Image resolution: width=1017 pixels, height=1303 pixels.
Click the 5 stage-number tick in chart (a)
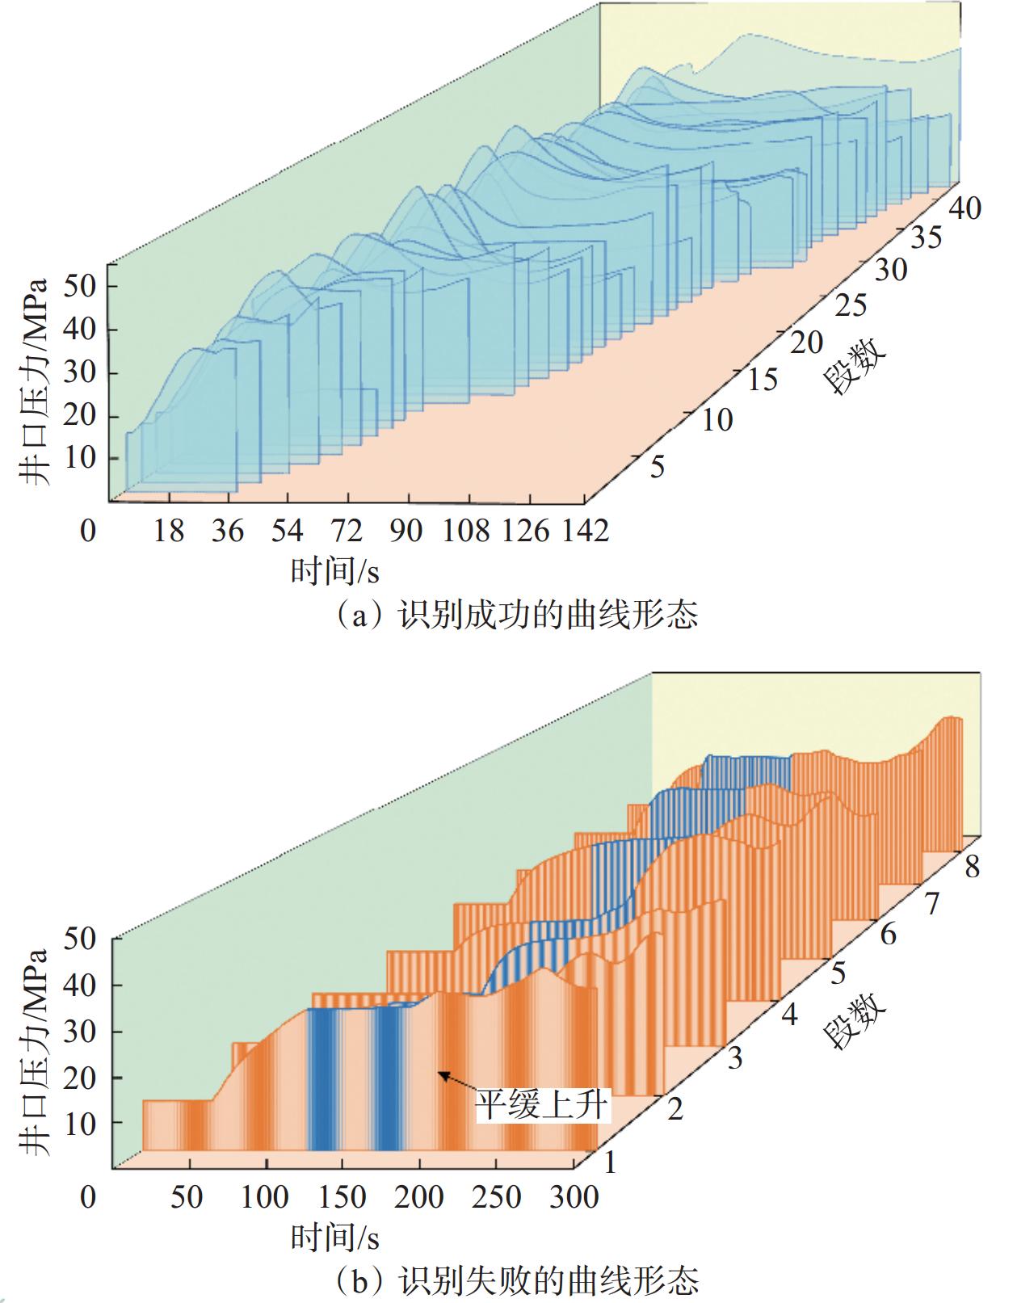point(657,467)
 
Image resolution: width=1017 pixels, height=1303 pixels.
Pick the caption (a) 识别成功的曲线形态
point(517,616)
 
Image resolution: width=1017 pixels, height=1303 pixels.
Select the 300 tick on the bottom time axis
point(574,1196)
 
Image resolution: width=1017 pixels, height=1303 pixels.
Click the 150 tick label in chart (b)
point(343,1196)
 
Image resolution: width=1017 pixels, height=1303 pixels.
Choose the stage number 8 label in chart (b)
point(972,867)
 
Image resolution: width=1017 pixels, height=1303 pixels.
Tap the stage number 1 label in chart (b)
point(610,1162)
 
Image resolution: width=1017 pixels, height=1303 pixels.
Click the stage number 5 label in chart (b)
point(838,973)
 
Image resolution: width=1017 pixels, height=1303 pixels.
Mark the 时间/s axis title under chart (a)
point(334,572)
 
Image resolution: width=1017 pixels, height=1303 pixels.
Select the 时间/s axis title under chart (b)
point(334,1237)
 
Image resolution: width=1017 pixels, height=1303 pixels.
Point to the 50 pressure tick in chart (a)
point(81,286)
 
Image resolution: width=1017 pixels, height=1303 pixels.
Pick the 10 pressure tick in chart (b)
point(81,1123)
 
